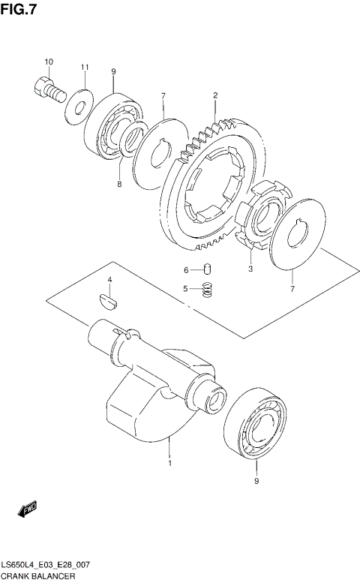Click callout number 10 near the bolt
(x=48, y=62)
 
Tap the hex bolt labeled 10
(x=47, y=88)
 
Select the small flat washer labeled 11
(x=76, y=106)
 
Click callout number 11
(x=85, y=68)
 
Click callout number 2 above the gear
(x=215, y=95)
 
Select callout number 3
(x=250, y=266)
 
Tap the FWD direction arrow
(x=27, y=509)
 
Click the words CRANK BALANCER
(x=37, y=576)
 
